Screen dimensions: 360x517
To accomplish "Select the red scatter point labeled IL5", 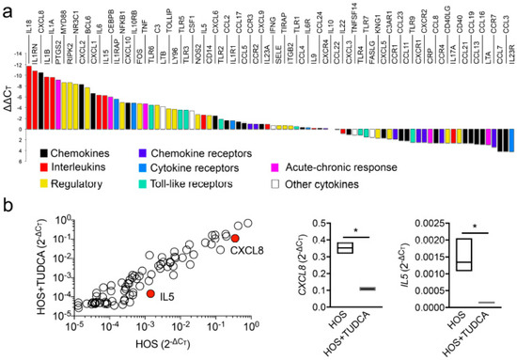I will click(149, 294).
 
